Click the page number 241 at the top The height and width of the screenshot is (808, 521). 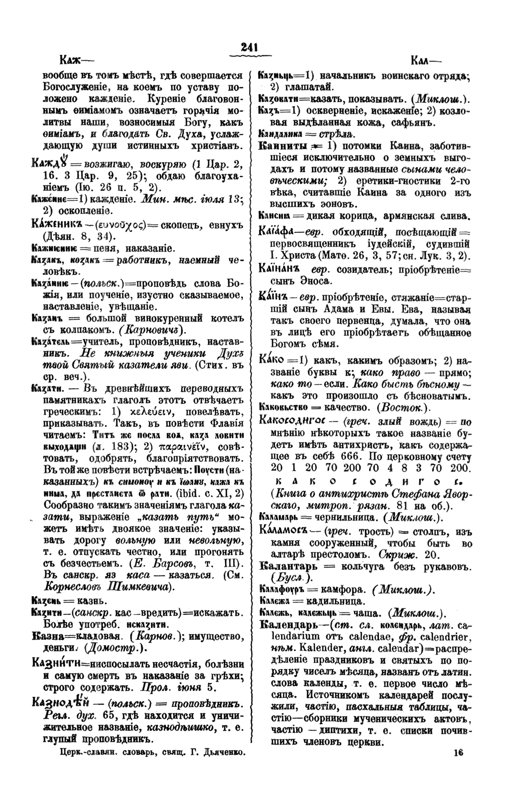pyautogui.click(x=249, y=47)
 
